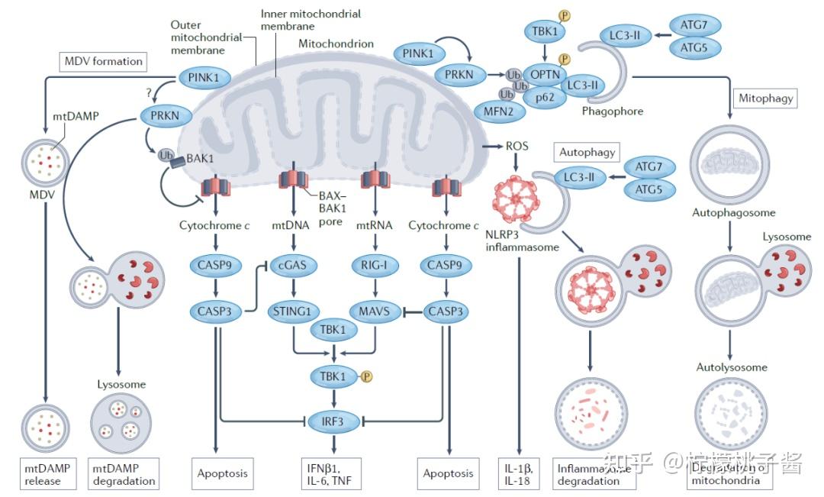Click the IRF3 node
[x=334, y=420]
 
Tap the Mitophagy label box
[x=765, y=98]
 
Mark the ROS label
[x=517, y=145]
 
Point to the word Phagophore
[x=612, y=111]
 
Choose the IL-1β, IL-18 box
[x=519, y=473]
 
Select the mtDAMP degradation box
[x=124, y=473]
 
